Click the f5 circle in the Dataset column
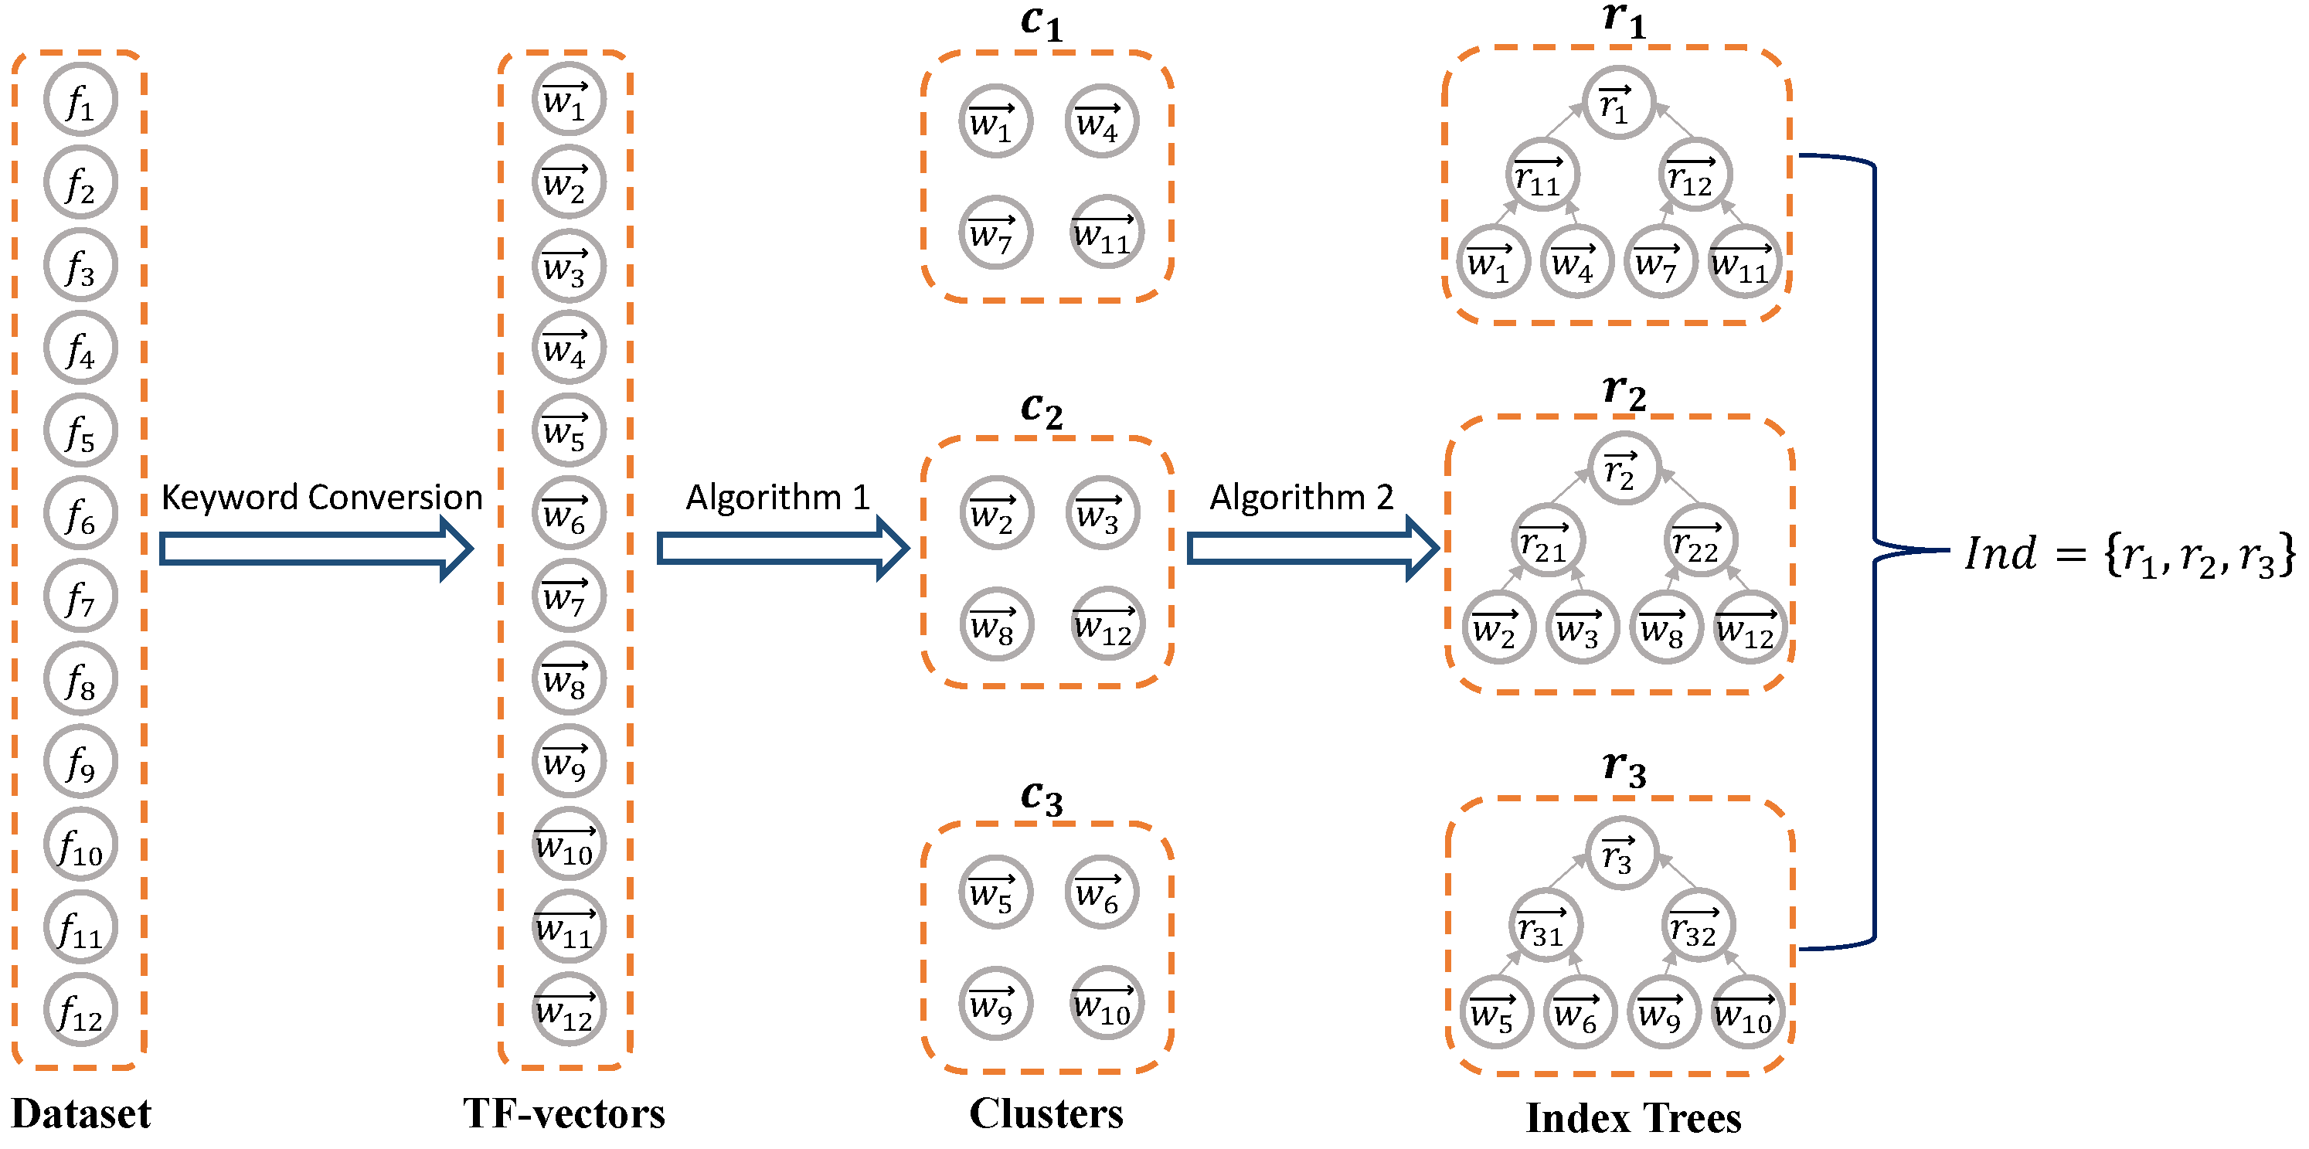click(80, 431)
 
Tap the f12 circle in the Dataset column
click(80, 1010)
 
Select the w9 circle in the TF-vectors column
click(568, 762)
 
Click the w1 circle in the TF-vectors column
click(568, 100)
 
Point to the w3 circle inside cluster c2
click(1102, 512)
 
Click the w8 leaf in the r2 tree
click(1665, 627)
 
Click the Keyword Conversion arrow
click(315, 549)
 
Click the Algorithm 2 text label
click(1301, 497)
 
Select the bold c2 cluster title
click(1042, 410)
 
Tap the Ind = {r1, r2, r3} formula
click(2129, 555)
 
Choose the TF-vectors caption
click(564, 1114)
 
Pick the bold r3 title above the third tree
click(1624, 769)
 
